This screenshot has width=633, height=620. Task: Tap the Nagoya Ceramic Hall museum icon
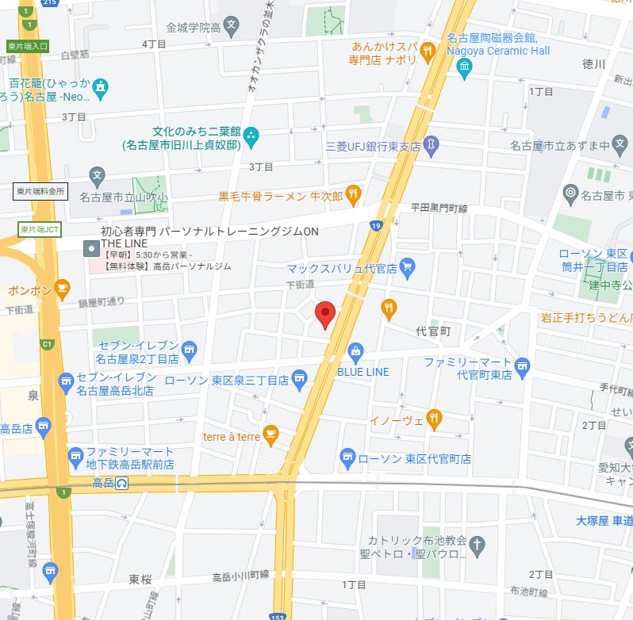tap(464, 71)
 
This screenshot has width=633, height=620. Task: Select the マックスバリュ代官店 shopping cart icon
tap(408, 267)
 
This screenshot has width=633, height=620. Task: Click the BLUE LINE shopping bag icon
tap(356, 351)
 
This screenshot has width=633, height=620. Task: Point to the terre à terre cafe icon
tap(271, 434)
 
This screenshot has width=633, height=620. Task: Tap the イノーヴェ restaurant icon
tap(434, 418)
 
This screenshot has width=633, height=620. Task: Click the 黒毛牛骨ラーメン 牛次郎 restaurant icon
tap(354, 194)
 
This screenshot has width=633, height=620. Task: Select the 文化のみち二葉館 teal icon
tap(251, 136)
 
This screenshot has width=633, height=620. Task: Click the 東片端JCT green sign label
tap(39, 229)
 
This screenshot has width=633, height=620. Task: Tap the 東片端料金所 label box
tap(40, 191)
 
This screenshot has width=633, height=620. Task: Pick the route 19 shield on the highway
tap(375, 227)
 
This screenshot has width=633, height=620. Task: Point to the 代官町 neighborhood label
tap(434, 331)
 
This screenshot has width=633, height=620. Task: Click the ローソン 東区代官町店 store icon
tap(347, 457)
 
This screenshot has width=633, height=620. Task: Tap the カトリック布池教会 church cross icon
tap(477, 545)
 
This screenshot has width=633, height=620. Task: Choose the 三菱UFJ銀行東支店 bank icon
tap(431, 145)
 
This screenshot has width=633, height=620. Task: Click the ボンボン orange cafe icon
tap(63, 289)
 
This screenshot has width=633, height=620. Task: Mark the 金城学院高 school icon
tap(231, 27)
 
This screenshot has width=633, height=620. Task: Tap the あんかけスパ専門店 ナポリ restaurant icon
tap(428, 52)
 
